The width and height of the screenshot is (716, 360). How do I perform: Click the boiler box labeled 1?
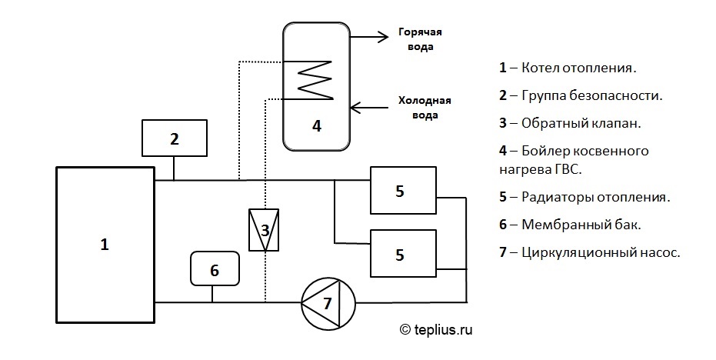pyautogui.click(x=105, y=245)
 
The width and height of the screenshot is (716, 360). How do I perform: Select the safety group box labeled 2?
pyautogui.click(x=175, y=138)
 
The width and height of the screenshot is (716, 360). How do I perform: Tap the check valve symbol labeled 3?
pyautogui.click(x=264, y=229)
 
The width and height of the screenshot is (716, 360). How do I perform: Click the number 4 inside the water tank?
pyautogui.click(x=316, y=125)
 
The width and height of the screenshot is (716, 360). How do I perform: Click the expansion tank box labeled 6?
pyautogui.click(x=215, y=269)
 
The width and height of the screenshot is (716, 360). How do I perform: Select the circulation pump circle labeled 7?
pyautogui.click(x=327, y=302)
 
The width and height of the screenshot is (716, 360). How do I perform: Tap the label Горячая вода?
pyautogui.click(x=421, y=39)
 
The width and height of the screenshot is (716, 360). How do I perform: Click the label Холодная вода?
pyautogui.click(x=424, y=108)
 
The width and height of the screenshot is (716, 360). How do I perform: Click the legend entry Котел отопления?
pyautogui.click(x=568, y=68)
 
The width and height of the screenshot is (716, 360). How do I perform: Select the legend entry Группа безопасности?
pyautogui.click(x=581, y=95)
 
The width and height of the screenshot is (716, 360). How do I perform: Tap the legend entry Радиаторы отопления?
pyautogui.click(x=584, y=197)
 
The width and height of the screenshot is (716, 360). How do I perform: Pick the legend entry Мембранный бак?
pyautogui.click(x=570, y=225)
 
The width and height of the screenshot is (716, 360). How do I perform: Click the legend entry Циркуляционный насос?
pyautogui.click(x=590, y=252)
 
